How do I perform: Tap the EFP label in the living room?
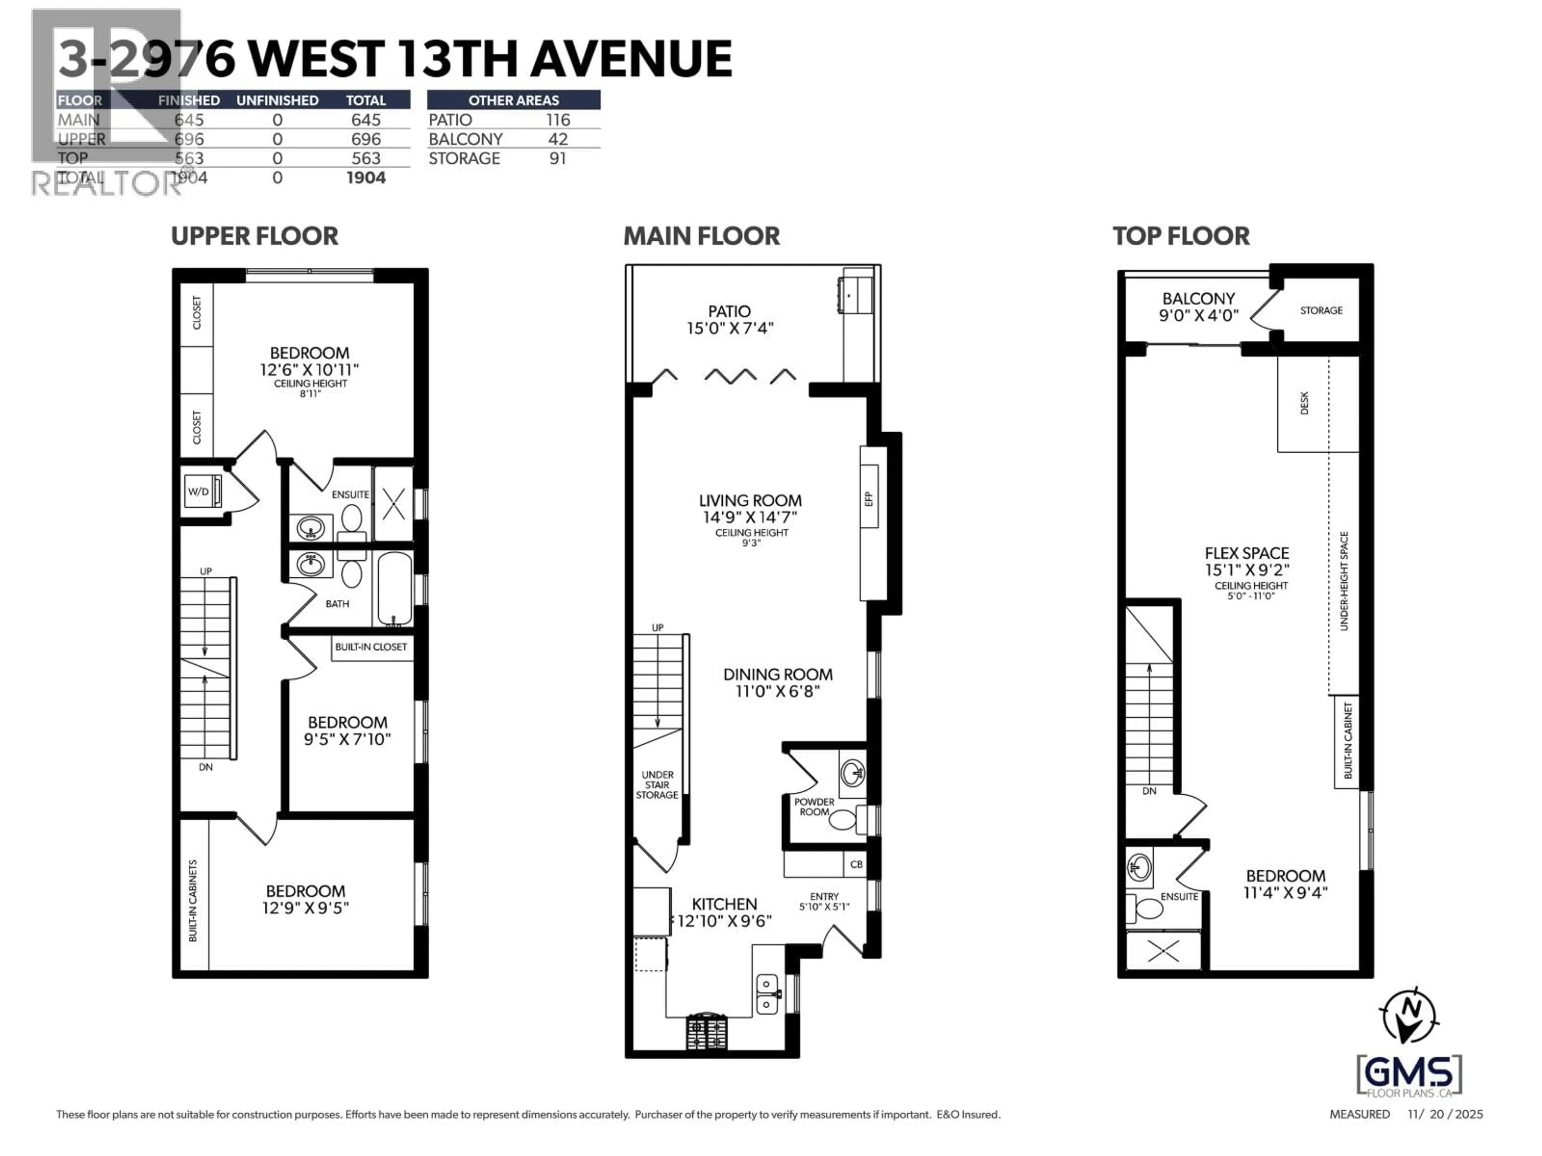coord(869,499)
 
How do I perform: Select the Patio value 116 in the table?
coord(558,120)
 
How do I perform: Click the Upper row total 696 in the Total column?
coord(365,139)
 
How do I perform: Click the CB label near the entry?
coord(856,864)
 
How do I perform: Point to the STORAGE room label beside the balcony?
coord(1321,310)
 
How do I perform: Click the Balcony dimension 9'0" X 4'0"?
coord(1198,315)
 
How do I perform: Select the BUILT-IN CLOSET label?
coord(371,647)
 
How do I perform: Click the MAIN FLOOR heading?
coord(701,236)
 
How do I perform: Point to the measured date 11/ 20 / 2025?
coord(1445,1114)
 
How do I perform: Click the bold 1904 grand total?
coord(366,178)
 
